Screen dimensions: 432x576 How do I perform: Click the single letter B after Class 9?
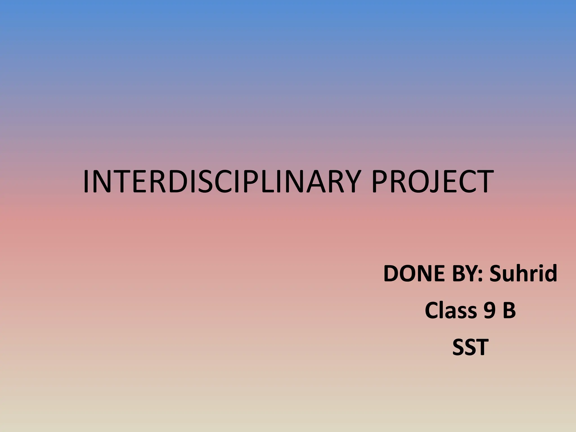[x=509, y=310]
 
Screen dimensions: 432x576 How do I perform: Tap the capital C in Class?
[x=432, y=310]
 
